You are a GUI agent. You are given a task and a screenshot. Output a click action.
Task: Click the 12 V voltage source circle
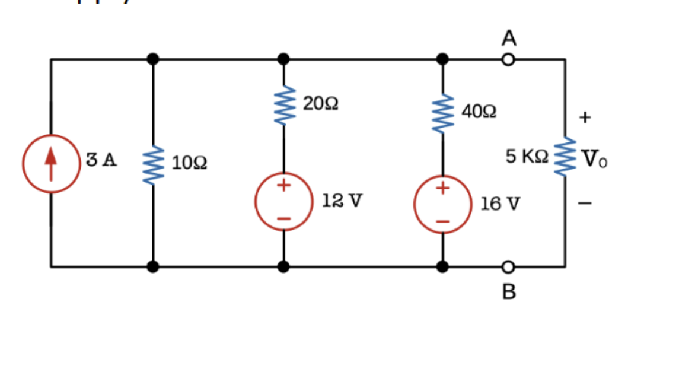pyautogui.click(x=283, y=202)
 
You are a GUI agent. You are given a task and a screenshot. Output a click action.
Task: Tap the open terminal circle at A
pyautogui.click(x=508, y=59)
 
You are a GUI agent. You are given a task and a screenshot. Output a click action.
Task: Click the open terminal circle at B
pyautogui.click(x=508, y=267)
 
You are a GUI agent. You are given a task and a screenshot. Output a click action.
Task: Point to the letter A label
pyautogui.click(x=508, y=38)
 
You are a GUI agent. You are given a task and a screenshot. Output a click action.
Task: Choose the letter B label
pyautogui.click(x=509, y=292)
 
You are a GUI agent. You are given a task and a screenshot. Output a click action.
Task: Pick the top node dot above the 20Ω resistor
pyautogui.click(x=283, y=59)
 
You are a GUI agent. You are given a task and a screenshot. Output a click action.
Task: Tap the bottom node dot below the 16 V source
pyautogui.click(x=442, y=267)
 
